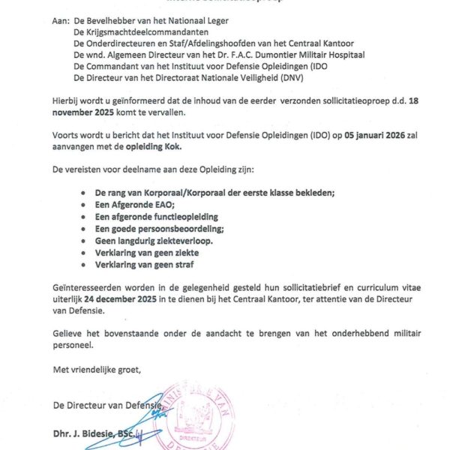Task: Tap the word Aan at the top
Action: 60,22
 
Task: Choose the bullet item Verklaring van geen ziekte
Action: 148,253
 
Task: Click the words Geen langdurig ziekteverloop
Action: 154,241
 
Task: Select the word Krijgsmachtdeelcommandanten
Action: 142,34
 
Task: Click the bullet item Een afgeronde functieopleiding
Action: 160,217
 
